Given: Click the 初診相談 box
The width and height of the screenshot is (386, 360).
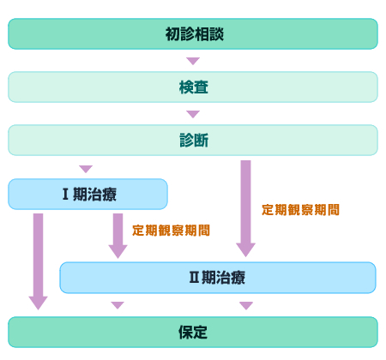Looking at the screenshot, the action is coord(193,34).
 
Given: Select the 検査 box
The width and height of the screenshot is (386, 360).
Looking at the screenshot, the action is coord(193,87).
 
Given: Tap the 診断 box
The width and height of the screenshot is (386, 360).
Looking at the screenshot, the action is coord(193,140).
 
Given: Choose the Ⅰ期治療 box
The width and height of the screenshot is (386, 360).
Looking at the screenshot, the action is coord(87,195).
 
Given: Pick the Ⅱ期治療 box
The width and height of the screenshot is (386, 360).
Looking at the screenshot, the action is coord(218,278).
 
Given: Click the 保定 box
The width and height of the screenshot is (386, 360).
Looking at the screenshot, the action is coord(193,332).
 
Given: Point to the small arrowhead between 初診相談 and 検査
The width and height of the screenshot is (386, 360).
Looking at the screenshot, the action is coord(193,61).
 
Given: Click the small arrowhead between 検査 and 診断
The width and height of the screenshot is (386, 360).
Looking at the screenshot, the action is coord(193,114).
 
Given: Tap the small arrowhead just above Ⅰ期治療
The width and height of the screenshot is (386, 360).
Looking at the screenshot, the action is coord(86,169).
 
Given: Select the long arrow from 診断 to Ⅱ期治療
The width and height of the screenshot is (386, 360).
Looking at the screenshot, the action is coord(245,208).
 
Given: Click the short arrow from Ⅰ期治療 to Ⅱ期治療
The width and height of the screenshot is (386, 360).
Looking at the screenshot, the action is coord(118,236).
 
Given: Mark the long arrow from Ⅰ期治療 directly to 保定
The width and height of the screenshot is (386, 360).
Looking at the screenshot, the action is coord(39,261).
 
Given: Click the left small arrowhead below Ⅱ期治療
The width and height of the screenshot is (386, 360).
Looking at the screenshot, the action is coord(118,305).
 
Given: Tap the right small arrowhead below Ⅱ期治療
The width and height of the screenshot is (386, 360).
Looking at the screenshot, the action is coord(246,305).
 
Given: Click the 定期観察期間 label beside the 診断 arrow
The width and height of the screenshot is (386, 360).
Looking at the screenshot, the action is coord(300,210).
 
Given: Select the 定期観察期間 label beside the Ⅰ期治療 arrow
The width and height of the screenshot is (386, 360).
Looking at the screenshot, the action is coord(171,231).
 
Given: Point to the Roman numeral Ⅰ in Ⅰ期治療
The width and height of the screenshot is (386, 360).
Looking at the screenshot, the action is coord(65,194).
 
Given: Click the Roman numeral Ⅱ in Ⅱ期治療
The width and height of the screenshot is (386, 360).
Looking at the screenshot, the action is coord(194,277).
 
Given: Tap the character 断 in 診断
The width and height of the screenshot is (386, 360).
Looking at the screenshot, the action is coord(202,141).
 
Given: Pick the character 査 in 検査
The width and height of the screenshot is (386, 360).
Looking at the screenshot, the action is coord(201,87).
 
